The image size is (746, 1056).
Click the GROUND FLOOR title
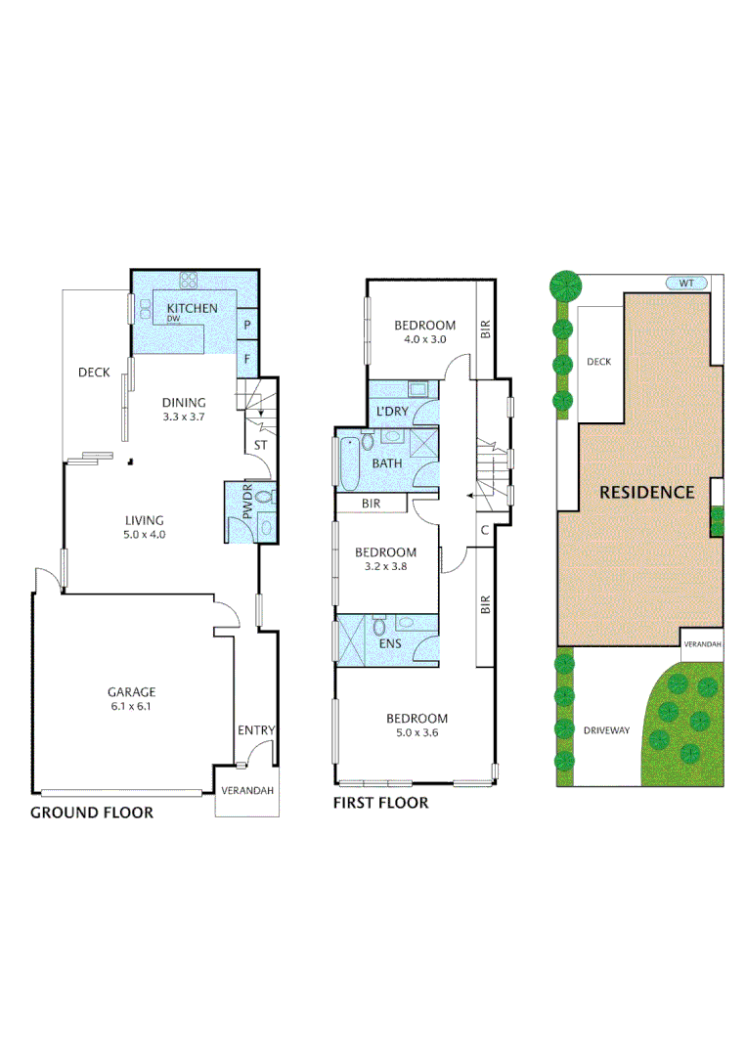[x=92, y=813]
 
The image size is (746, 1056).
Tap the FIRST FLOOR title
[x=381, y=804]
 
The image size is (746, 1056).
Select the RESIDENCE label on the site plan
[x=646, y=492]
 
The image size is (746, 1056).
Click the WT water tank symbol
[x=686, y=284]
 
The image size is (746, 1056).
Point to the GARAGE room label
[x=132, y=691]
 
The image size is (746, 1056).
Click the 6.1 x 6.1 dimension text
[x=132, y=706]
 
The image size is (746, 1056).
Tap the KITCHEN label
[x=192, y=308]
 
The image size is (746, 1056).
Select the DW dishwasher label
[x=173, y=320]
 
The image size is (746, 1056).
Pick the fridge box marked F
[x=247, y=359]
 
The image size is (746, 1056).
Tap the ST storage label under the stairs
[x=260, y=445]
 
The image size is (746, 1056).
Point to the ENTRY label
[x=256, y=729]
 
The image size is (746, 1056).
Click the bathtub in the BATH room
[x=349, y=464]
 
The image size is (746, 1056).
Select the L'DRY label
[x=392, y=412]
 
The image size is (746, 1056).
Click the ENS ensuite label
[x=389, y=644]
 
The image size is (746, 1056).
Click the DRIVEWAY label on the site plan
[x=606, y=729]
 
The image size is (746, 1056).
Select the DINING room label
[x=184, y=402]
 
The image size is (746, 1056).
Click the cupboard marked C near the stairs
[x=485, y=531]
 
